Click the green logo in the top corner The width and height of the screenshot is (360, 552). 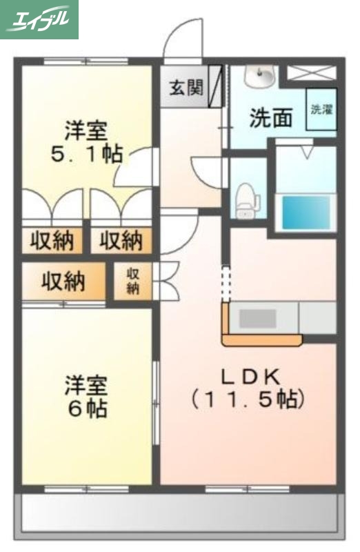coord(39,19)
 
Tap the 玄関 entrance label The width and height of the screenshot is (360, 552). coord(186,88)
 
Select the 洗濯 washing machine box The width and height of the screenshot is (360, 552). coord(321,109)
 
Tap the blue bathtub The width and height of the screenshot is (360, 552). coord(305,212)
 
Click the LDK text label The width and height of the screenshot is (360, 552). coord(250,377)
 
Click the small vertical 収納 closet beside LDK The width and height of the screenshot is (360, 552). coord(133,281)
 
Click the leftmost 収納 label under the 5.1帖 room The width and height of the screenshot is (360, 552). coord(52,241)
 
